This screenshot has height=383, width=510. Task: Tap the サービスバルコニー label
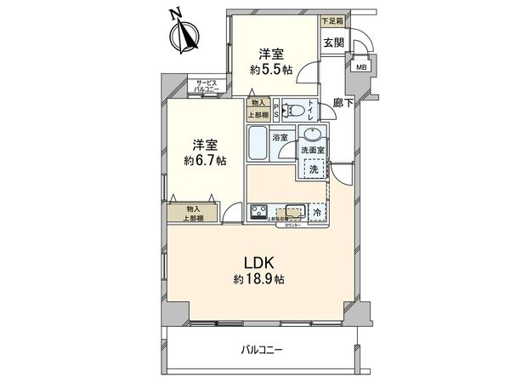click(x=206, y=86)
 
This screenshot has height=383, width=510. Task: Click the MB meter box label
click(x=361, y=66)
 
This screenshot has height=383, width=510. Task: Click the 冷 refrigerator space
click(x=314, y=212)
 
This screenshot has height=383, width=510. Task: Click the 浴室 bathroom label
click(x=279, y=135)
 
